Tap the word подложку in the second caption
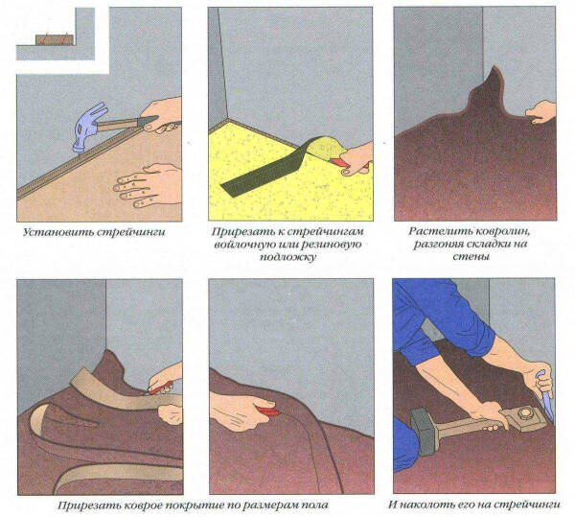[x=287, y=257]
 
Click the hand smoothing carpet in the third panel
[x=541, y=111]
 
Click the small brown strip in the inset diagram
[x=55, y=39]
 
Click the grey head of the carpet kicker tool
[x=423, y=430]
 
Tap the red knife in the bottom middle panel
[x=267, y=411]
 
